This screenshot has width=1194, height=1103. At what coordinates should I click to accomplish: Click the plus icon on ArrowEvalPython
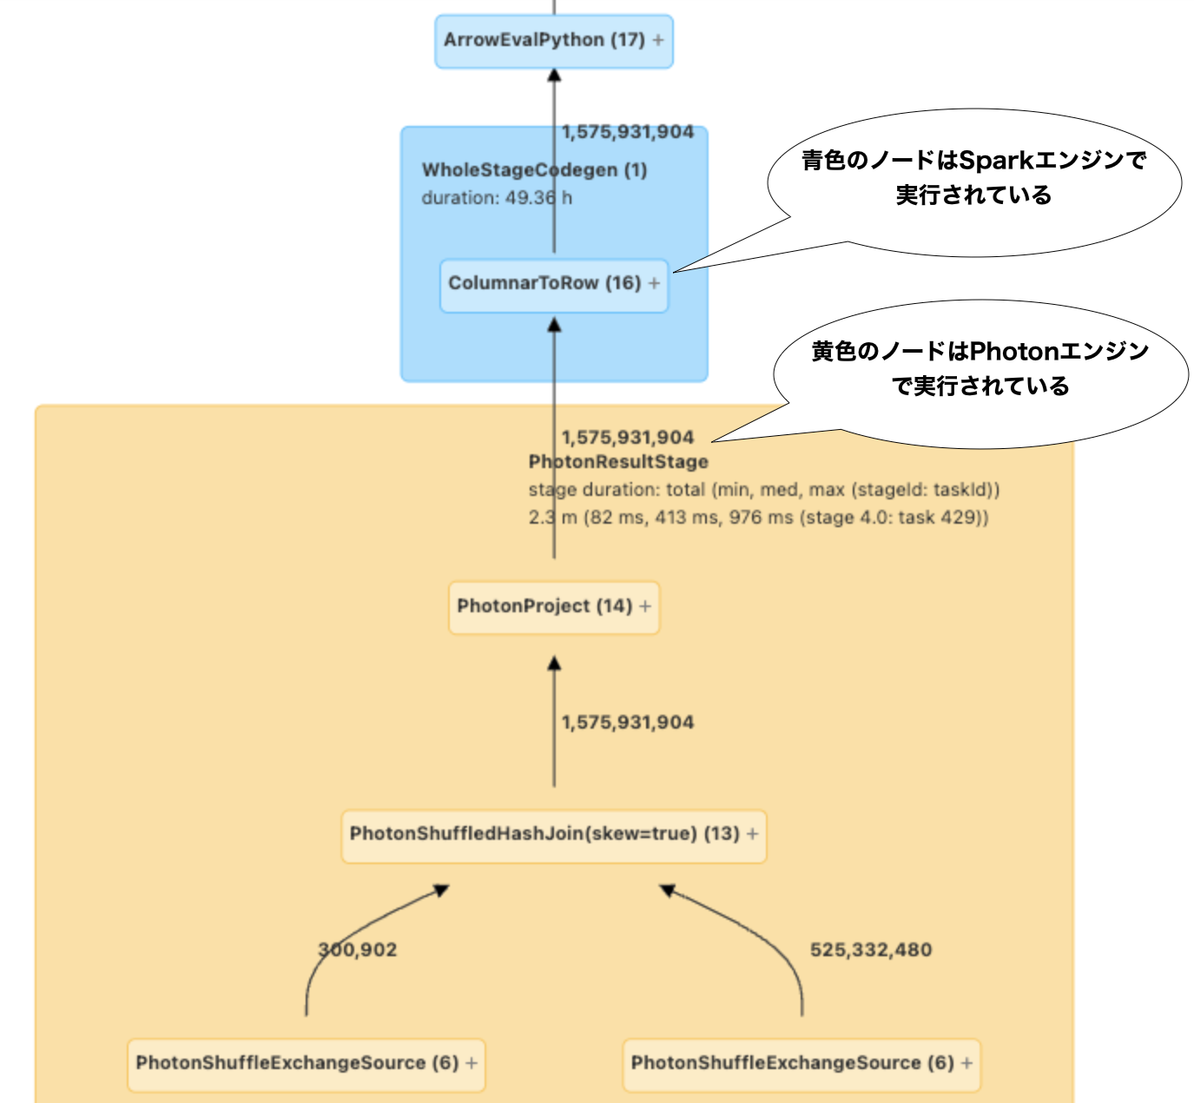click(x=658, y=40)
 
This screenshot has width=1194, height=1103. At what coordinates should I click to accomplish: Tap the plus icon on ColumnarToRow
click(x=654, y=283)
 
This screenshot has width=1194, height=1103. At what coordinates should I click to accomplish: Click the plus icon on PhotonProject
click(x=645, y=606)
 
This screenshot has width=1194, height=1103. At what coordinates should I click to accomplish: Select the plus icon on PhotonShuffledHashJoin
click(x=753, y=834)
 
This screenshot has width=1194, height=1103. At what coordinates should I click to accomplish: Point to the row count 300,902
click(x=358, y=950)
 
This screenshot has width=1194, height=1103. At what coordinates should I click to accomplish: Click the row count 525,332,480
click(x=871, y=950)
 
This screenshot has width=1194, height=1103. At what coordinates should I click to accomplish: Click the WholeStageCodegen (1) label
click(x=534, y=170)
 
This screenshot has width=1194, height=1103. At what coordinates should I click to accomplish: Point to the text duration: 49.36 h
click(x=497, y=198)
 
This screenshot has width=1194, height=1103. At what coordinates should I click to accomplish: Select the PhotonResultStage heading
click(x=618, y=462)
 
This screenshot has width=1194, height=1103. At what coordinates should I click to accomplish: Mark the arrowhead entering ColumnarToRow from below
click(x=554, y=325)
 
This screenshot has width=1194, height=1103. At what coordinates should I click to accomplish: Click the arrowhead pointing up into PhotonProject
click(x=554, y=664)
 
